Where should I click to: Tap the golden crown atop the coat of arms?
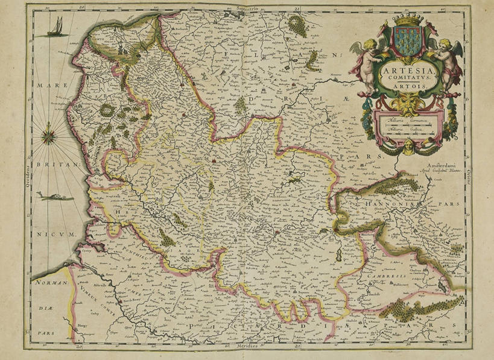tap(408, 21)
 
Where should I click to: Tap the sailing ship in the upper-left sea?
tap(55, 27)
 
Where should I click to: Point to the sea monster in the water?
tap(54, 197)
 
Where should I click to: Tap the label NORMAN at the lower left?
tap(48, 282)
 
